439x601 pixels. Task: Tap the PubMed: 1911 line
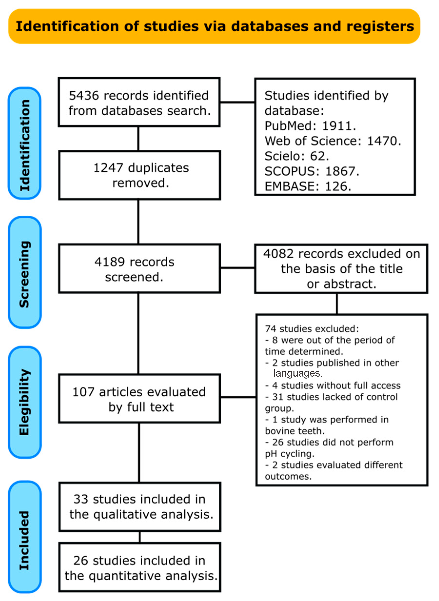tap(310, 126)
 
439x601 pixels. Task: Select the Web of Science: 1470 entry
tap(332, 141)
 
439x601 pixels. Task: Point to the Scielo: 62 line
tap(296, 156)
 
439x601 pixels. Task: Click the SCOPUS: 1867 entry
tap(312, 171)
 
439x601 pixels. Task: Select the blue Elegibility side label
tap(25, 402)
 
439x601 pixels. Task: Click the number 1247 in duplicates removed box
tap(108, 168)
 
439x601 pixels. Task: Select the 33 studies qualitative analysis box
tap(140, 507)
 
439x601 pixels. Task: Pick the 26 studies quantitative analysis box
tap(140, 568)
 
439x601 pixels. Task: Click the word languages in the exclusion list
tap(298, 374)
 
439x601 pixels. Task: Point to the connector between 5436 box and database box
tap(237, 102)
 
